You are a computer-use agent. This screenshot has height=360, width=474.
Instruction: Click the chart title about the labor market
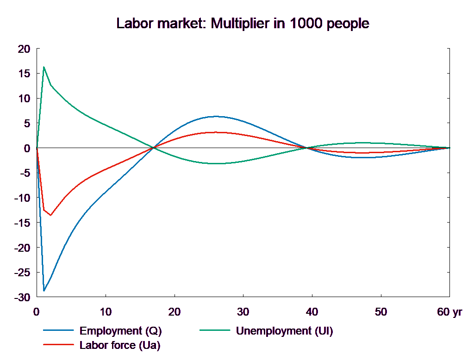pos(243,24)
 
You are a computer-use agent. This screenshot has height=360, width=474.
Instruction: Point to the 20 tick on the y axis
pos(24,49)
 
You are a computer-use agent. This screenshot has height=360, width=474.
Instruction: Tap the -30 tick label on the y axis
pos(22,298)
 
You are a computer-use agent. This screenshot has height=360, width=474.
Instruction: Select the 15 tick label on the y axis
pos(24,74)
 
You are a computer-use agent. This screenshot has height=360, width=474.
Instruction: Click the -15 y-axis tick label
pos(22,223)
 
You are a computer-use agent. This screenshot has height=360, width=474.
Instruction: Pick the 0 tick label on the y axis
pos(26,149)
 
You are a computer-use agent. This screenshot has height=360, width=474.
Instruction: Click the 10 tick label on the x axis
pos(106,312)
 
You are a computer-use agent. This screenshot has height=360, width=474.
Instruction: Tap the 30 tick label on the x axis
pos(243,312)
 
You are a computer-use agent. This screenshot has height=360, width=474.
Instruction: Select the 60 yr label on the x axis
pos(449,312)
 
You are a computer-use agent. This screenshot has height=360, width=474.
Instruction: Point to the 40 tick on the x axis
pos(312,312)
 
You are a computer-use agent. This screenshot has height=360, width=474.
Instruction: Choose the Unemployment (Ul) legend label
pos(284,331)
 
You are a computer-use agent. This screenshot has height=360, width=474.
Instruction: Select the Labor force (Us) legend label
pos(120,345)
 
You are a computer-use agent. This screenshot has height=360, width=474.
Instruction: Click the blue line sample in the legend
pos(58,331)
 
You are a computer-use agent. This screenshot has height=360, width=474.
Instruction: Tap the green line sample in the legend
pos(215,331)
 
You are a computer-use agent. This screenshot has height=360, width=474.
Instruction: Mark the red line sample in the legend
pos(58,345)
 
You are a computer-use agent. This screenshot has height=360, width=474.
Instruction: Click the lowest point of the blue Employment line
pos(44,291)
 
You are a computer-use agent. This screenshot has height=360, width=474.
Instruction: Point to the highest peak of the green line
pos(44,67)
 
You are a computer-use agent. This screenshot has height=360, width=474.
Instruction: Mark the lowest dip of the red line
pos(50,215)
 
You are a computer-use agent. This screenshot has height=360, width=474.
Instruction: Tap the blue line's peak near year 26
pos(216,117)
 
